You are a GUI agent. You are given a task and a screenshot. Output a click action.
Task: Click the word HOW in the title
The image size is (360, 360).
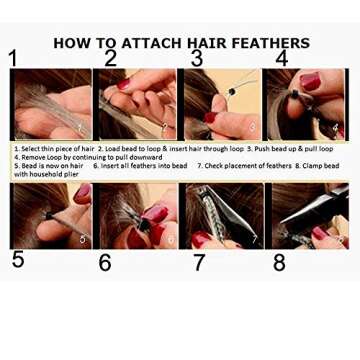(71, 43)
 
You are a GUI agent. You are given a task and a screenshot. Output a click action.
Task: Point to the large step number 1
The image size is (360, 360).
(13, 58)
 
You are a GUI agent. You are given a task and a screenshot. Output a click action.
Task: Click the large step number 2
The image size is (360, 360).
(110, 58)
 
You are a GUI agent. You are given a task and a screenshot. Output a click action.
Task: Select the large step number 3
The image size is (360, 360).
(197, 58)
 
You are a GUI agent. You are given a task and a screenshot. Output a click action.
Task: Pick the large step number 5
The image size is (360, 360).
(18, 260)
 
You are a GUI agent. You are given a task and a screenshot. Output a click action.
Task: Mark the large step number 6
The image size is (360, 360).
(105, 263)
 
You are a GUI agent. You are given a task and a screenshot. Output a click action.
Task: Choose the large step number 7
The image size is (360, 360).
(199, 263)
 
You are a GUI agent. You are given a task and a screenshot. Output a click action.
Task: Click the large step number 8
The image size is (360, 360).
(279, 263)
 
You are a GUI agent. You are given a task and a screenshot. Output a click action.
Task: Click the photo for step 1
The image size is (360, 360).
(51, 104)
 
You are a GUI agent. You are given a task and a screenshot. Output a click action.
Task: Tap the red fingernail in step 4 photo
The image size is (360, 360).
(310, 82)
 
